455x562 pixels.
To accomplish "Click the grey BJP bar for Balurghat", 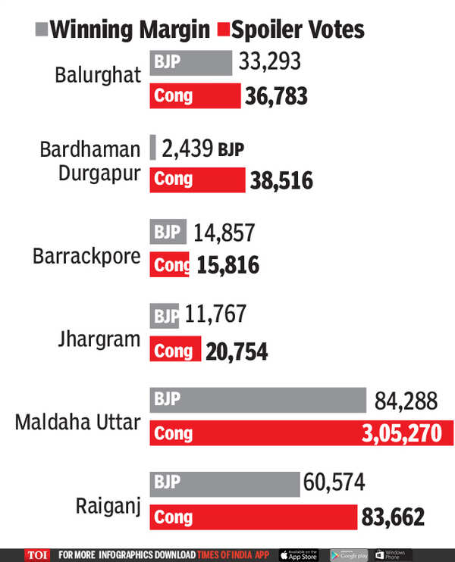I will tap(191, 63).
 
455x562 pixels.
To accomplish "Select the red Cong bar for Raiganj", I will tap(254, 517).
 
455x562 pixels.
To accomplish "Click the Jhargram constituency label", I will tap(99, 339).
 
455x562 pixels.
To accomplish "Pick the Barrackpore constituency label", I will tap(86, 255).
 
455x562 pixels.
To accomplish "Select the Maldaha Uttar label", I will tap(77, 421).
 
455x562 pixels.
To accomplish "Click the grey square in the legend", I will tap(42, 30).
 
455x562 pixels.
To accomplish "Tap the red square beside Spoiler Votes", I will tap(223, 30).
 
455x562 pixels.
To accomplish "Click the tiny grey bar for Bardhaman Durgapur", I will tap(153, 147).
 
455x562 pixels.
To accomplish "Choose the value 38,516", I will tap(281, 182).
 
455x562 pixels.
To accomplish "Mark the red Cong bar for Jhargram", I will tap(175, 351).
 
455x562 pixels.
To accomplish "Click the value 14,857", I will tap(224, 232).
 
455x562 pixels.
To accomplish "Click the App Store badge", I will tap(298, 554).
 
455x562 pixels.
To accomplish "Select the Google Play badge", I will tap(349, 554).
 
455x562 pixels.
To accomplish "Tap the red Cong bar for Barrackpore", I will tap(170, 266).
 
